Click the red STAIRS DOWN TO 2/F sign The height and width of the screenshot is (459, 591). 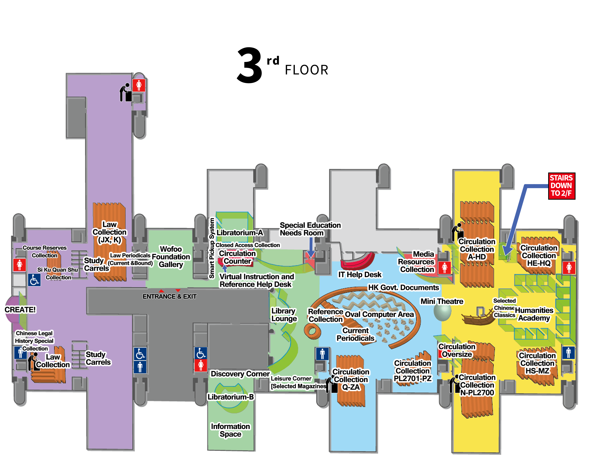pyautogui.click(x=562, y=186)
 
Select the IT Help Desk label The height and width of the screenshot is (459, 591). pyautogui.click(x=360, y=275)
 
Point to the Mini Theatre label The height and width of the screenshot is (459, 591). pyautogui.click(x=442, y=301)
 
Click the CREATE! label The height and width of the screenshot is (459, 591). pyautogui.click(x=20, y=310)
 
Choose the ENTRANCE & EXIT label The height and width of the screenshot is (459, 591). pyautogui.click(x=169, y=297)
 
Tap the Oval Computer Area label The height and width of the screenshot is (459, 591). pyautogui.click(x=379, y=314)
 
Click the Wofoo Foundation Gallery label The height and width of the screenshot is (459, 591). pyautogui.click(x=171, y=257)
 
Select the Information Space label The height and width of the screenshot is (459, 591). pyautogui.click(x=231, y=430)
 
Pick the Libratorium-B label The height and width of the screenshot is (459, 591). pyautogui.click(x=231, y=397)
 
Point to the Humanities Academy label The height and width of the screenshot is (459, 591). pyautogui.click(x=534, y=314)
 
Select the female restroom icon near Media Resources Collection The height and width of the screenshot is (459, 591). pyautogui.click(x=444, y=268)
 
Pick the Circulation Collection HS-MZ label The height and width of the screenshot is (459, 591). pyautogui.click(x=537, y=363)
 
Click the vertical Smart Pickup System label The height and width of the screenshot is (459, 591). pyautogui.click(x=212, y=248)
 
